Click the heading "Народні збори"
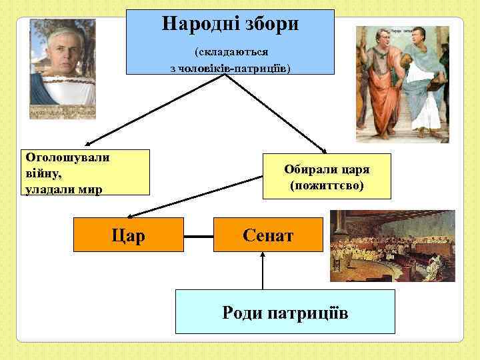click(x=230, y=25)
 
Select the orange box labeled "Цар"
click(x=129, y=235)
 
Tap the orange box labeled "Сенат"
click(x=267, y=235)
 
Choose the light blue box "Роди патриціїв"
click(x=285, y=312)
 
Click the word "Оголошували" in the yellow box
click(x=67, y=158)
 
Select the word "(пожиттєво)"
click(x=327, y=184)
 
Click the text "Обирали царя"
click(x=327, y=169)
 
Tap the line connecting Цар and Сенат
click(x=199, y=236)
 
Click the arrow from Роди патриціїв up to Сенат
click(x=263, y=270)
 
